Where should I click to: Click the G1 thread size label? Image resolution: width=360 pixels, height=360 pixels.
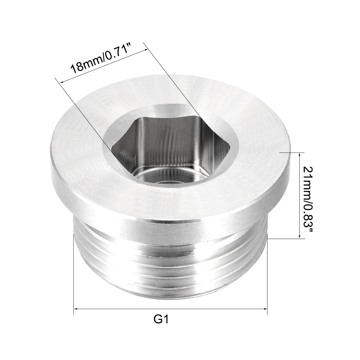(161, 318)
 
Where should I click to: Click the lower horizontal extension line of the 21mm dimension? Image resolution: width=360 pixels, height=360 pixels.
(285, 239)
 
